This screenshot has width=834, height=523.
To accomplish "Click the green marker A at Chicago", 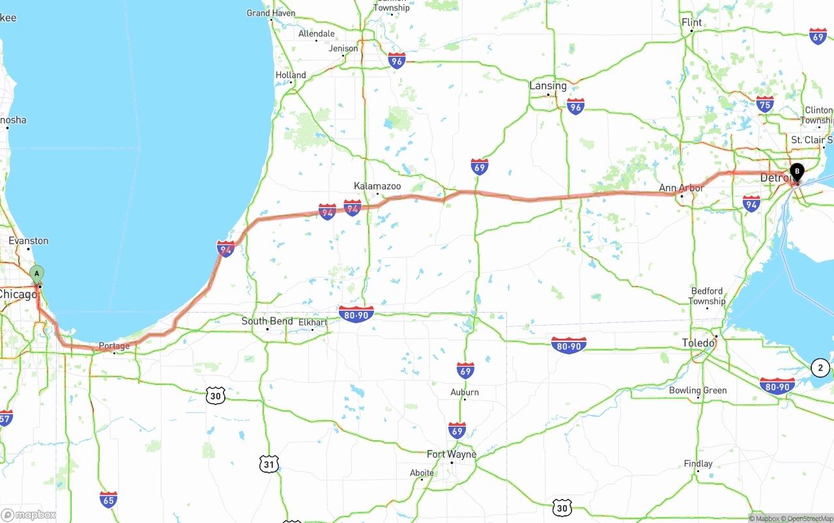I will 37,274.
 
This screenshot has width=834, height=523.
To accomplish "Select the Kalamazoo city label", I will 377,186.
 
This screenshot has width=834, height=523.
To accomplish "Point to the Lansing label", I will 548,86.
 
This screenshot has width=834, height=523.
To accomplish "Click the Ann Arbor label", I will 682,188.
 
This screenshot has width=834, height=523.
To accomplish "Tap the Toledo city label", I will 698,343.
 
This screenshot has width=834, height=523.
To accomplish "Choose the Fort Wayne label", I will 452,454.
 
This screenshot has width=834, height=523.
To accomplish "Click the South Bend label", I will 267,321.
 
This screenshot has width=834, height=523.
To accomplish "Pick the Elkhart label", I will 313,322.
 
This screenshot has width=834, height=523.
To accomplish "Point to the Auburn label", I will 465,392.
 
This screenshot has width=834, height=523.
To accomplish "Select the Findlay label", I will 698,464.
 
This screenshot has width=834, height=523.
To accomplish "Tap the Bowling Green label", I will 698,391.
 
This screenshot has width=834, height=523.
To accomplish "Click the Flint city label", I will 692,23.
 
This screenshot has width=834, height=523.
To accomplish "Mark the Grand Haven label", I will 271,13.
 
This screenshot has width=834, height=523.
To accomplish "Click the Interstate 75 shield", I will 765,104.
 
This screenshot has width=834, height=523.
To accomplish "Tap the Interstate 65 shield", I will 108,500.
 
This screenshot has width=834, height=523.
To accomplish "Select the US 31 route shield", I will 269,464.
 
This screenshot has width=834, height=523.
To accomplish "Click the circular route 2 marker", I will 820,368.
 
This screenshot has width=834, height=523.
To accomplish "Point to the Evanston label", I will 29,241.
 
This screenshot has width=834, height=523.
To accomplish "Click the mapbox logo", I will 29,515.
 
